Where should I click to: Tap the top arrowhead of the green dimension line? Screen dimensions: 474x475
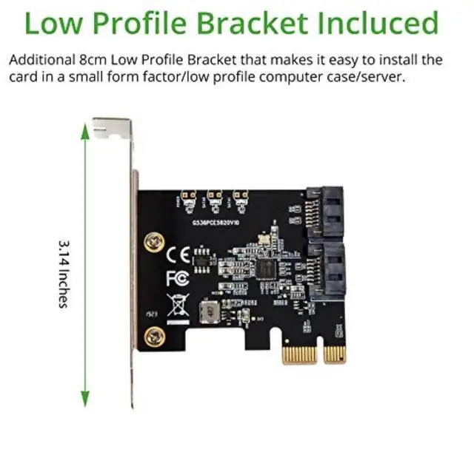(85, 130)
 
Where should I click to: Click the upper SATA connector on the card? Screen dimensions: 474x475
(325, 209)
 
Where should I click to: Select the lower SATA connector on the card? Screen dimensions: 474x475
(325, 270)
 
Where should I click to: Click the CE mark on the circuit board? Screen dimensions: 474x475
(178, 255)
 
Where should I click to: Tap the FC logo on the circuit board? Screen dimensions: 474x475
(176, 278)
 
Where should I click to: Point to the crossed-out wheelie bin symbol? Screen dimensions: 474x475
(178, 304)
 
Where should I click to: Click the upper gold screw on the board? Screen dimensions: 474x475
(153, 241)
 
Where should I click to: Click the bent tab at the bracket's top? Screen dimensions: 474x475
(111, 128)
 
